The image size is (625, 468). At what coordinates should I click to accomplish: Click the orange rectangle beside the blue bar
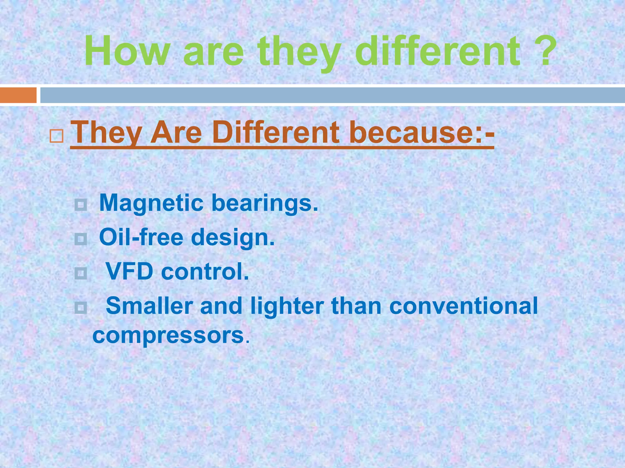coord(18,95)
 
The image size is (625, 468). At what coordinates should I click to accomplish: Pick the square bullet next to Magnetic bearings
coord(81,205)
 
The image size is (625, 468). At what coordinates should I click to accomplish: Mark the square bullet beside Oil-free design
coord(81,239)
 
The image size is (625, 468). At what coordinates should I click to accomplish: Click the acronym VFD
coord(129,271)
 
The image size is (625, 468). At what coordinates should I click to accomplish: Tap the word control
coord(205,271)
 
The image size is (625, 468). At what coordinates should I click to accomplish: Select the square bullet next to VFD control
coord(81,273)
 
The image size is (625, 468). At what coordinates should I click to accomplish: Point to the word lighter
coord(287,307)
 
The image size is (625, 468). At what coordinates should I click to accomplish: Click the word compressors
coord(168,335)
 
